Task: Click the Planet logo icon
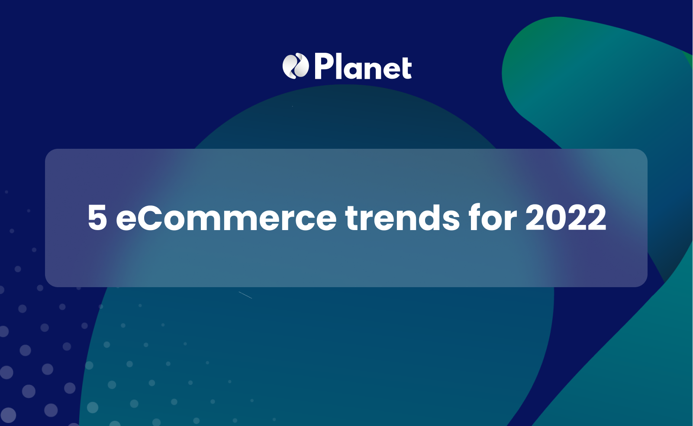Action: tap(296, 66)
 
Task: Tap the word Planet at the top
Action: tap(363, 67)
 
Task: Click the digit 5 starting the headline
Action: tap(97, 218)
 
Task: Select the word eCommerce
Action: tap(226, 218)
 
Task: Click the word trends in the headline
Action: tap(402, 218)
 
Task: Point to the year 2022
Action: tap(566, 218)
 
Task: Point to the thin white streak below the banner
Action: tap(245, 295)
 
